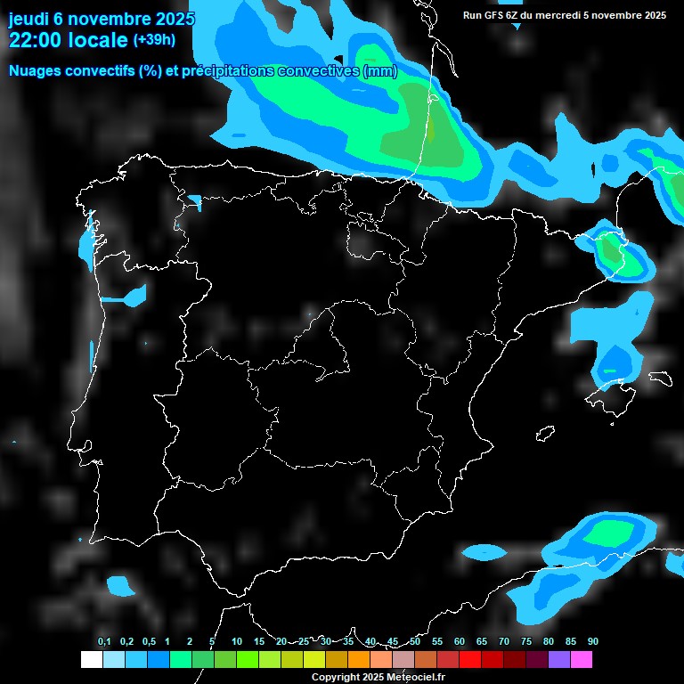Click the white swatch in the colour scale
tap(91, 659)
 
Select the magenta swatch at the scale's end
tap(582, 659)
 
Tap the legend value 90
tap(593, 641)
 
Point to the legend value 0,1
tap(104, 641)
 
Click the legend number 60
tap(460, 641)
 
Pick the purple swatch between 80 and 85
tap(559, 659)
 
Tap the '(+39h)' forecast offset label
tap(154, 40)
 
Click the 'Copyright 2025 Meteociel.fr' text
tap(378, 678)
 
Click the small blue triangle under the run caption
tap(517, 27)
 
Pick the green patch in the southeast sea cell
tap(612, 533)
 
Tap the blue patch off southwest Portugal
tap(119, 586)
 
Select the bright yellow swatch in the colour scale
tap(313, 659)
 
